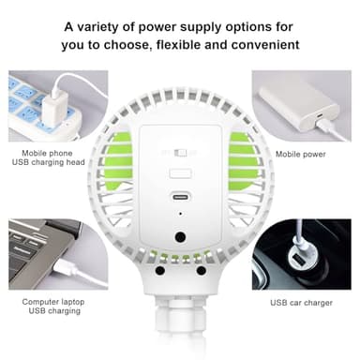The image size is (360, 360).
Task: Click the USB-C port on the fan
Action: [x=180, y=198]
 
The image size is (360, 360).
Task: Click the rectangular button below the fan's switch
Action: [x=180, y=172]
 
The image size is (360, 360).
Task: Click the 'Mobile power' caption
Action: [x=300, y=152]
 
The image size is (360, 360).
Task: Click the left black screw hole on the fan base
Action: [x=160, y=271]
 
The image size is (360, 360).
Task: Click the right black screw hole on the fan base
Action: [x=201, y=271]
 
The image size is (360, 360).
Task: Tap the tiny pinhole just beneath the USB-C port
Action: [x=180, y=213]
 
